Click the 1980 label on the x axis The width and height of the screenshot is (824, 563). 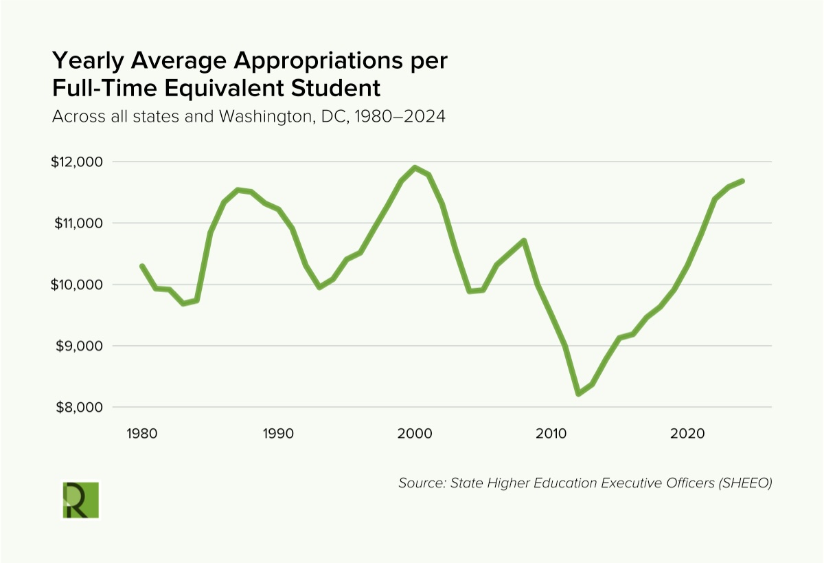point(141,434)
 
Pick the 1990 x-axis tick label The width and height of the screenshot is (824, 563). point(278,434)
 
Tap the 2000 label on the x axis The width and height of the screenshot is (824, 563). point(415,434)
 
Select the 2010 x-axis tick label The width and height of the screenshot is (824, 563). point(551,434)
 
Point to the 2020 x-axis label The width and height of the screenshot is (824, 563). point(687,434)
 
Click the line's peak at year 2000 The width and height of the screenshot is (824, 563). point(415,167)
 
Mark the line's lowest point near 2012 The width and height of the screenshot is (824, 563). point(578,394)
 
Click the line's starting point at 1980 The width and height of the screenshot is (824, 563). point(141,266)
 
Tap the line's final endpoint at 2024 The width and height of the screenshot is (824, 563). point(742,181)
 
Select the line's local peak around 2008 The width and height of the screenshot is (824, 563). point(523,240)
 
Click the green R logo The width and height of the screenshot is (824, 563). point(80,500)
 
